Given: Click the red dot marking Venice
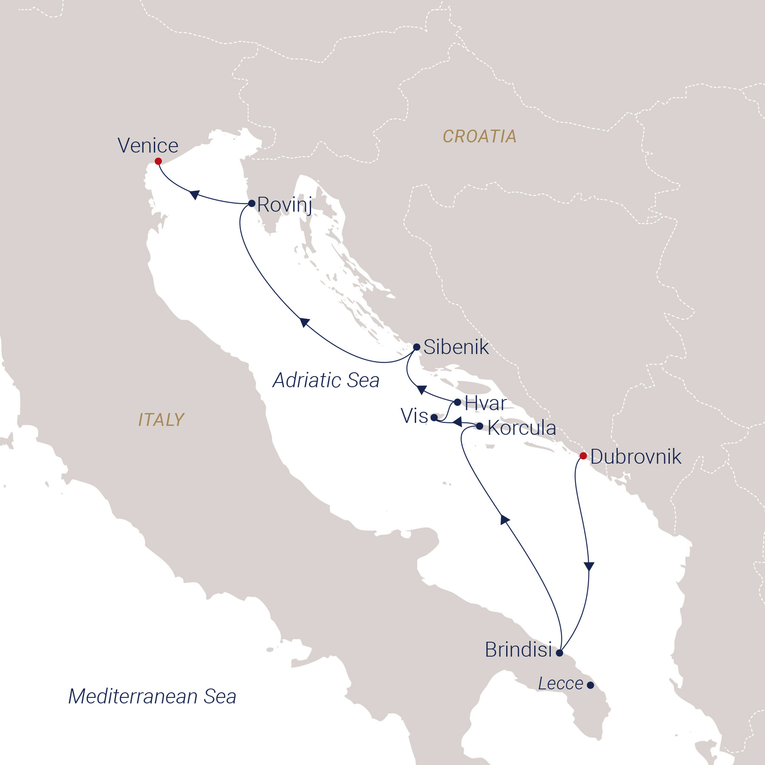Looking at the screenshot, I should (x=158, y=161).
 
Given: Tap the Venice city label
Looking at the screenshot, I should (x=148, y=146).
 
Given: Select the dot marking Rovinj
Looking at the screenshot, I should (x=252, y=203).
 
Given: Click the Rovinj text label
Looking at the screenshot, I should (x=285, y=205).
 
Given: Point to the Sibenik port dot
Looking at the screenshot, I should (x=416, y=347).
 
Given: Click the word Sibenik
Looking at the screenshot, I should (x=456, y=347).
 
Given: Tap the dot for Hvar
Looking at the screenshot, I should (x=457, y=402).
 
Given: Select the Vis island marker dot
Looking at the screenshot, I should (x=434, y=417).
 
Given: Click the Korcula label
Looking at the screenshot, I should (x=521, y=428).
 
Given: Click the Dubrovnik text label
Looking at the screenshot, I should (x=636, y=457).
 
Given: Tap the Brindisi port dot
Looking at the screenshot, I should (x=559, y=653).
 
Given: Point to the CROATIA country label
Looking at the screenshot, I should (x=480, y=136).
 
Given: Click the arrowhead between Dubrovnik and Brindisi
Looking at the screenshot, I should (x=589, y=566).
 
